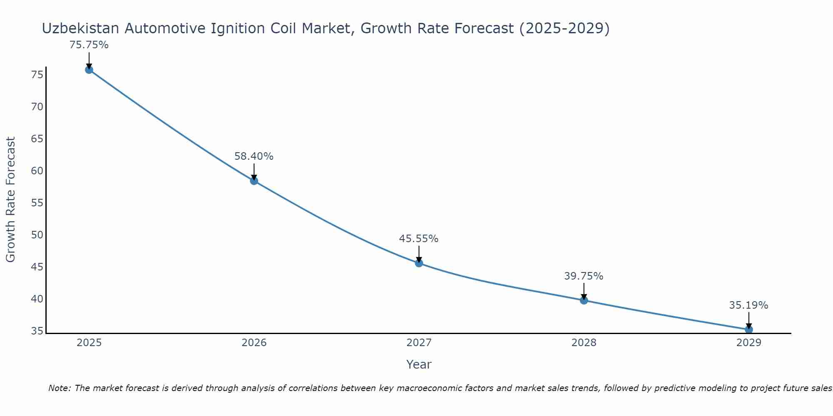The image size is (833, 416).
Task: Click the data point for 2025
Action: coord(89,70)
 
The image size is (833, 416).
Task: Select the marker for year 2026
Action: coord(254,181)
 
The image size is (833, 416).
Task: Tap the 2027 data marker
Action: coord(419,263)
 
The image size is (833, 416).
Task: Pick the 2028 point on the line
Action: coord(584,300)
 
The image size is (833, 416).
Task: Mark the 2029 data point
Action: coord(748,329)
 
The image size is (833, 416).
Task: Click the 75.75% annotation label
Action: coord(89,45)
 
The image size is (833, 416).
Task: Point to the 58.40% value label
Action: coord(254,156)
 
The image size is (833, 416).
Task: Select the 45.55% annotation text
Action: coord(419,239)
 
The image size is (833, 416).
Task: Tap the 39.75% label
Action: coord(584,276)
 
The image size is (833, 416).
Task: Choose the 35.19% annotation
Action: coord(748,305)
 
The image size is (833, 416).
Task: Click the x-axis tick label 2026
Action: coord(254,343)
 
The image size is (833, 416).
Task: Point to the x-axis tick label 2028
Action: coord(584,343)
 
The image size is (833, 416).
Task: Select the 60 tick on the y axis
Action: coord(37,171)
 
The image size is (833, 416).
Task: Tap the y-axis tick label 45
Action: coord(37,267)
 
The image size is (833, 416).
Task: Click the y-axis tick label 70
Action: coord(37,107)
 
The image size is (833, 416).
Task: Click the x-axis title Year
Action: coord(419,364)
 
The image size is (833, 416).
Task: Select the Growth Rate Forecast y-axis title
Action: coord(10,200)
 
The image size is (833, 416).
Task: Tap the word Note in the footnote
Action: coord(60,389)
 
